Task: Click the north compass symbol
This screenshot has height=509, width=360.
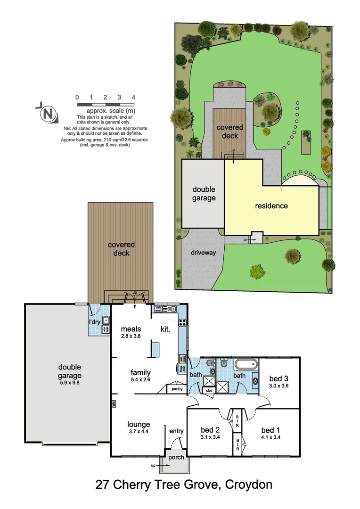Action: pyautogui.click(x=47, y=113)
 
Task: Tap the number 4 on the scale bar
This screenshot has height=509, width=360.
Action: pyautogui.click(x=134, y=97)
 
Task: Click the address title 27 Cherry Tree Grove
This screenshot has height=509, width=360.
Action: pyautogui.click(x=184, y=484)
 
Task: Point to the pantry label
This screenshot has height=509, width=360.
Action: pyautogui.click(x=177, y=389)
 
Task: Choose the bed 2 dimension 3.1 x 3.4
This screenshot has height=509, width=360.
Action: pyautogui.click(x=211, y=437)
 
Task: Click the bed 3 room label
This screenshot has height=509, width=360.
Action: pyautogui.click(x=278, y=378)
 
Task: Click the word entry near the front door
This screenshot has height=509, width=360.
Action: pyautogui.click(x=177, y=431)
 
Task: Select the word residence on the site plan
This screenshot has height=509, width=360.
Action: pyautogui.click(x=271, y=206)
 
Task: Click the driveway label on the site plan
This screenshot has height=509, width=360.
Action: pyautogui.click(x=204, y=253)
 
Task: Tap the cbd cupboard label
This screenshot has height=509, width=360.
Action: pyautogui.click(x=208, y=390)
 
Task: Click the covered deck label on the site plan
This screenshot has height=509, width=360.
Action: pyautogui.click(x=230, y=131)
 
